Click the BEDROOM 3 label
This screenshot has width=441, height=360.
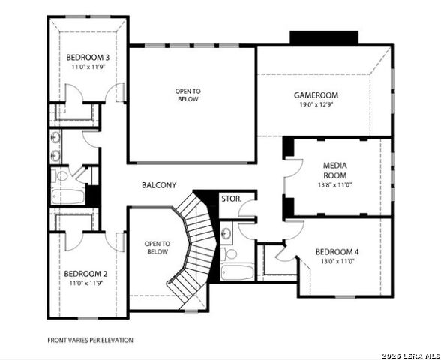(88, 58)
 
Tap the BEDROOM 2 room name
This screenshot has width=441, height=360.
(85, 274)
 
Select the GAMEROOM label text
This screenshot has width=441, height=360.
(316, 95)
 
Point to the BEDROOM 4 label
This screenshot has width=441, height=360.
(337, 251)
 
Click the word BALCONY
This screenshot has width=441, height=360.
(158, 184)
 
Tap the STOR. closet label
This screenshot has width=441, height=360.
(230, 199)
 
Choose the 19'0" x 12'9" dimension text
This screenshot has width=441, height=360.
(316, 105)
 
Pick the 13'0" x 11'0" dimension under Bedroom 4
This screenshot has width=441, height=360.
(337, 261)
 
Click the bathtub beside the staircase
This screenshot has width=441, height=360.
(237, 271)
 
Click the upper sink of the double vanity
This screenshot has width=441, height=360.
(56, 138)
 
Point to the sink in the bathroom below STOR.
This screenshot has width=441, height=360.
(226, 233)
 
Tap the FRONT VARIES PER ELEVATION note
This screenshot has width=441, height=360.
(90, 340)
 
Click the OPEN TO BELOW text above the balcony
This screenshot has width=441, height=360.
(189, 94)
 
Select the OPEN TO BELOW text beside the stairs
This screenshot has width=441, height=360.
(157, 247)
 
